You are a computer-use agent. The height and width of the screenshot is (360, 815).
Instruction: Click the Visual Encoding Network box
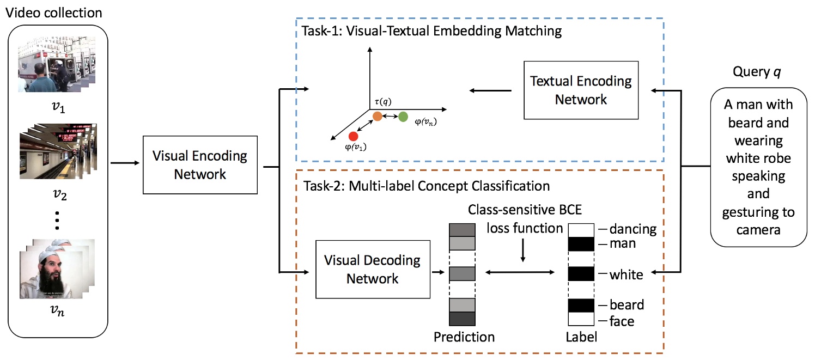point(199,166)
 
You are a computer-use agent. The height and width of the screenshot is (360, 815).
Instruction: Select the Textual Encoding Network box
point(580,90)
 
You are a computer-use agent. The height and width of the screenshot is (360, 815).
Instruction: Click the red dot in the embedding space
point(352,136)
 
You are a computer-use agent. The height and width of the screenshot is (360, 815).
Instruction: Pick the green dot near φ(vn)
point(403,117)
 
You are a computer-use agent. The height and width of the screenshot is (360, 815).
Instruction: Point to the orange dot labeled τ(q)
point(377,117)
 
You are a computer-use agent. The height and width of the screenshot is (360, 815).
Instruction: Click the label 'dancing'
point(634,229)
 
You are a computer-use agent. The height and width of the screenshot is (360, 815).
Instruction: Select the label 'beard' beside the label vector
point(627,304)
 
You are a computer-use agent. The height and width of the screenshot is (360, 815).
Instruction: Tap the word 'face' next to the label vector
point(622,321)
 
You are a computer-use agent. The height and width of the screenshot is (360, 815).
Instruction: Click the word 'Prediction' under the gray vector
point(464,337)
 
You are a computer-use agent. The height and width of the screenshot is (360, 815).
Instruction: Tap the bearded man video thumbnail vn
point(57,269)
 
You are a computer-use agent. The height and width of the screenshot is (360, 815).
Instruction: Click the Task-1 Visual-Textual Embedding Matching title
point(431,30)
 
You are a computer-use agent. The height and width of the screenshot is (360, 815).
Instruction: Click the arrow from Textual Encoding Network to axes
point(490,90)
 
